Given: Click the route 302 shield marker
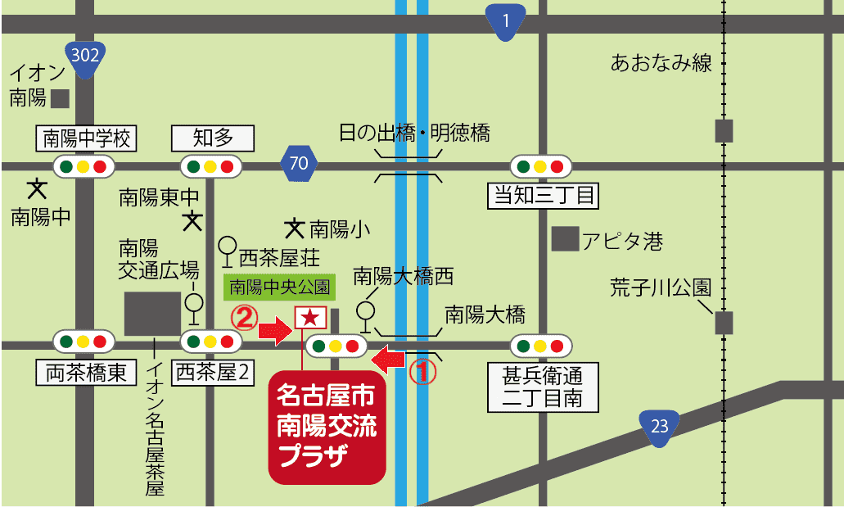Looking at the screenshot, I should pos(85,60).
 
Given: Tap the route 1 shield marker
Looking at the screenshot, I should pos(505,21).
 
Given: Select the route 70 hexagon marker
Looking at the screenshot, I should pos(299,163).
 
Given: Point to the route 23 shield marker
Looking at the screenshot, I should pos(660,427).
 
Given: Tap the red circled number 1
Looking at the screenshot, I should pos(422,373).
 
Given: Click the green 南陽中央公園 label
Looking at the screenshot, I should pos(278,287).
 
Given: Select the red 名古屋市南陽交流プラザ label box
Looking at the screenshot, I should pos(327,430).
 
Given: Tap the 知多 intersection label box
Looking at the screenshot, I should pos(213,138).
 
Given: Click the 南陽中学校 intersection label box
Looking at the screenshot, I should pos(86,138).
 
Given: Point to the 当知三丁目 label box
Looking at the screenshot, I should pos(543,196).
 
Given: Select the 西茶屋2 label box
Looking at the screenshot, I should pos(213,373).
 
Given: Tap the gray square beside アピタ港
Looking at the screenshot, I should pos(563,239).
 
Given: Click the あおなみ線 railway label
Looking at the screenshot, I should pos(661,63).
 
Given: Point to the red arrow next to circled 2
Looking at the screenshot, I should pos(276,332).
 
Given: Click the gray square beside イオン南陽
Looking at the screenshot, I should pos(61,98).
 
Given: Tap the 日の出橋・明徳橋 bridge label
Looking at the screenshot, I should pos(414,133).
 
